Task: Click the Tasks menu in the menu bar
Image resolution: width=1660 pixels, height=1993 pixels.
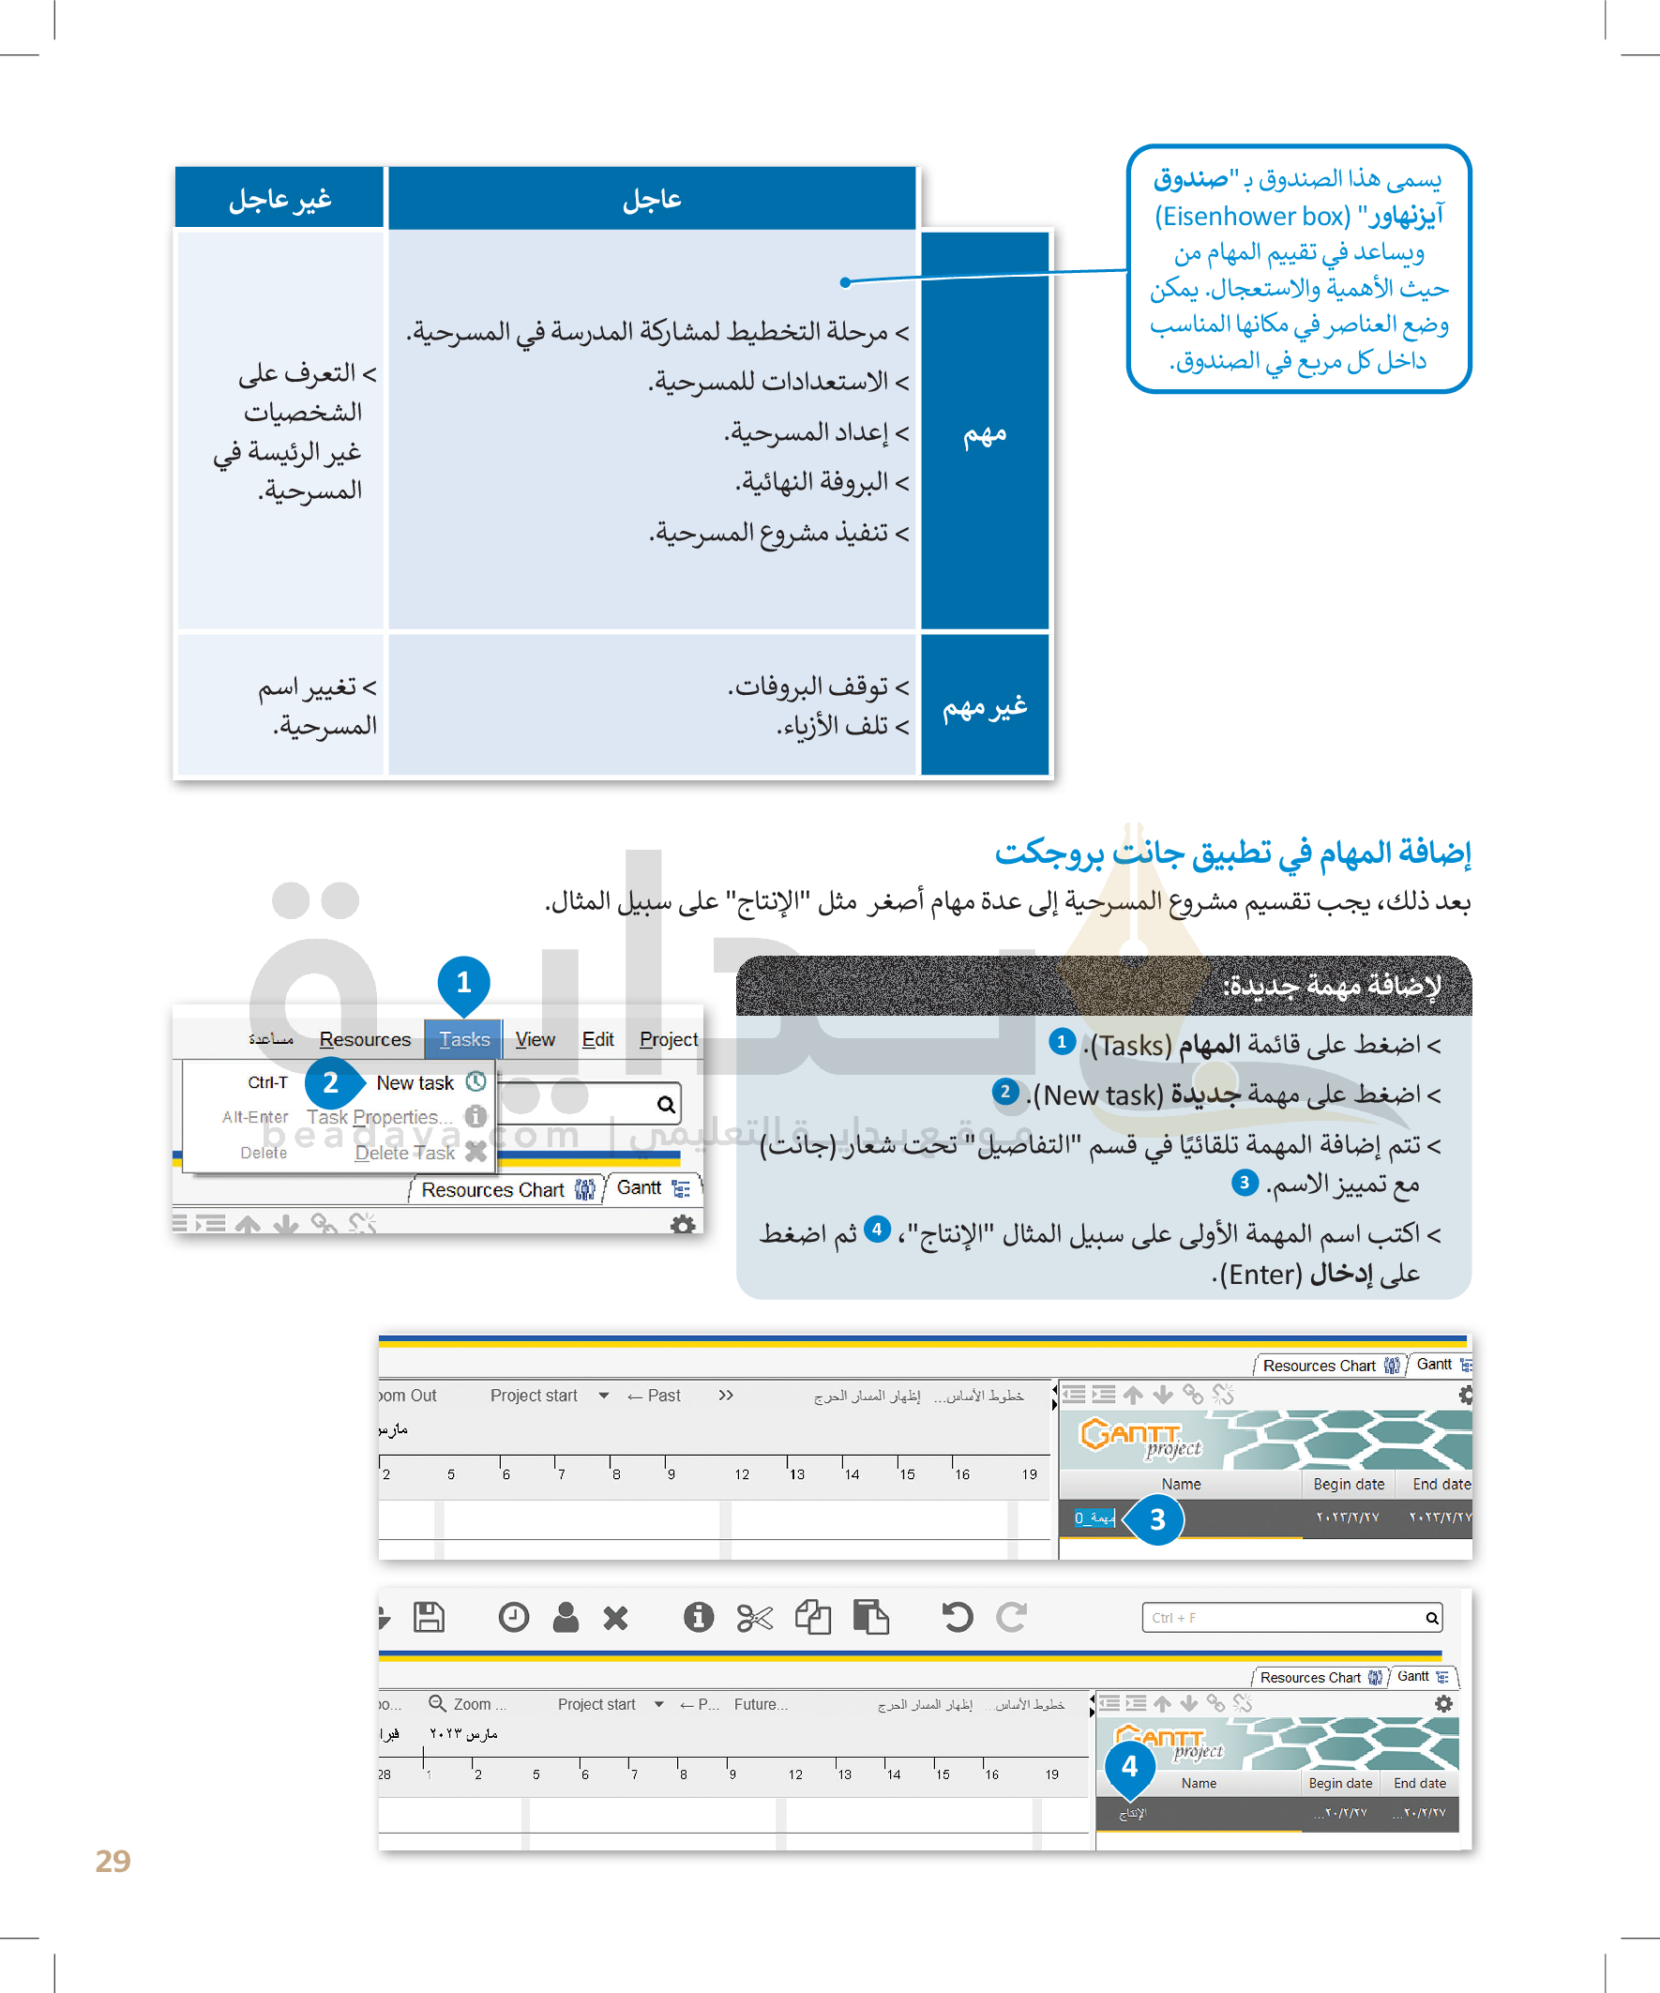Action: coord(464,1039)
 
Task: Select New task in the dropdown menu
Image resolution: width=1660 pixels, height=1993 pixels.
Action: coord(415,1083)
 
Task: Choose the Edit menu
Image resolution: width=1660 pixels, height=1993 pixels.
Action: coord(597,1039)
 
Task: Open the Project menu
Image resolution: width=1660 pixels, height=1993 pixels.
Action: coord(668,1039)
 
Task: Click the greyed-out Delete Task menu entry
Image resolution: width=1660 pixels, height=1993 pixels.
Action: coord(405,1152)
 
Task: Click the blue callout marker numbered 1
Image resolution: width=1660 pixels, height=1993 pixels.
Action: coord(463,982)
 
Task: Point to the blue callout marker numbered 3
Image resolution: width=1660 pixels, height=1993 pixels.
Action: coord(1157,1519)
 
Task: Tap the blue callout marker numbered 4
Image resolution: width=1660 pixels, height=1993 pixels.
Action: coord(1129,1766)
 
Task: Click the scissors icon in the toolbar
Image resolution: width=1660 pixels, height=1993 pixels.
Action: coord(755,1617)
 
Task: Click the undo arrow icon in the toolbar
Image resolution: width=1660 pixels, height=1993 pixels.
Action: coord(957,1617)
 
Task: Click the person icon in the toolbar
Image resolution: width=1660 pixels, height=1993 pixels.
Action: coord(566,1617)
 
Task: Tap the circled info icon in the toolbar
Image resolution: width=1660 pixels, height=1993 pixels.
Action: coord(699,1617)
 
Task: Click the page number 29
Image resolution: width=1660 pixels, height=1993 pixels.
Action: coord(113,1861)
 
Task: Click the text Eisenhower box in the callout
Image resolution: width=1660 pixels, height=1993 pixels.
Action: coord(1252,217)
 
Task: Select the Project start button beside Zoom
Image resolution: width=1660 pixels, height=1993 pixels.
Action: coord(596,1704)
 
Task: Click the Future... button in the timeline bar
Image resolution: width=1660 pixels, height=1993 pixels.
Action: coord(761,1704)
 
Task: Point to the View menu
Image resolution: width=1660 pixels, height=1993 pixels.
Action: coord(535,1039)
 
